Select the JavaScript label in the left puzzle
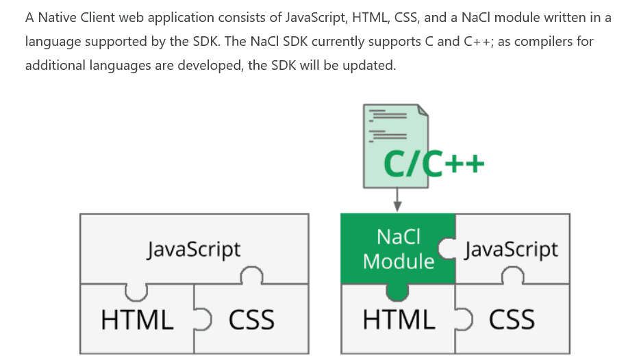pos(194,248)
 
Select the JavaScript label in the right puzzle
pos(511,248)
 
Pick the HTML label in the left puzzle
pos(137,320)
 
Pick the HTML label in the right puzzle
pos(399,320)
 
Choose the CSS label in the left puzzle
pos(251,320)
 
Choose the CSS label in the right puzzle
pos(512,320)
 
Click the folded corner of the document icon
pos(423,111)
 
